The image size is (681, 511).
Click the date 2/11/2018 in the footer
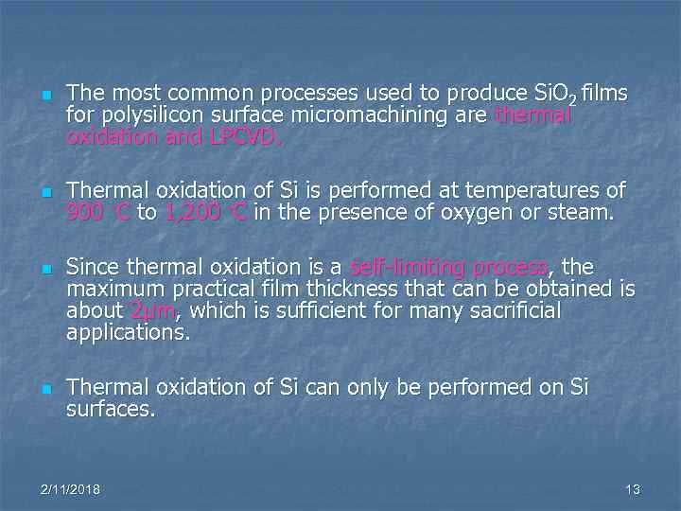[x=71, y=489]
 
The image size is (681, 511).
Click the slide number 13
[x=633, y=489]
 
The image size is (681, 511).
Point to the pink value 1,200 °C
[x=205, y=213]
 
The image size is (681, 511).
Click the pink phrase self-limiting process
[x=448, y=268]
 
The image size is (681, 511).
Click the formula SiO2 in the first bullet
[x=556, y=94]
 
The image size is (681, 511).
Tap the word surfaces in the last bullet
[x=111, y=410]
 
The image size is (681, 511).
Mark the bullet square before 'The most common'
[x=44, y=96]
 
